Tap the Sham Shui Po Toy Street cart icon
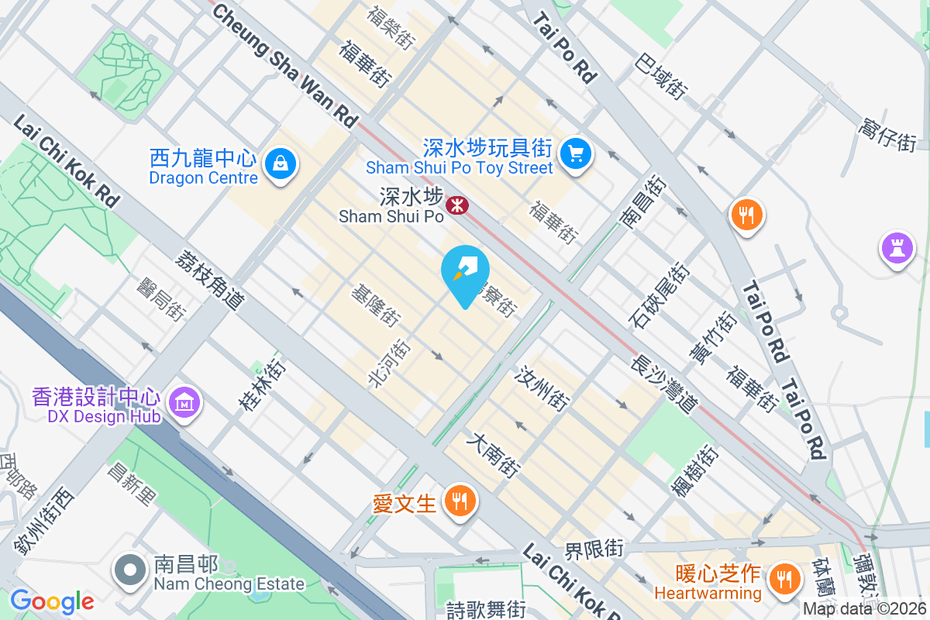(x=575, y=153)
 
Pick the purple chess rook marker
(x=897, y=249)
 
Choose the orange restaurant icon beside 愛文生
(x=460, y=501)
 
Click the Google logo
(x=52, y=601)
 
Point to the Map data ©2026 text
(x=864, y=608)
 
